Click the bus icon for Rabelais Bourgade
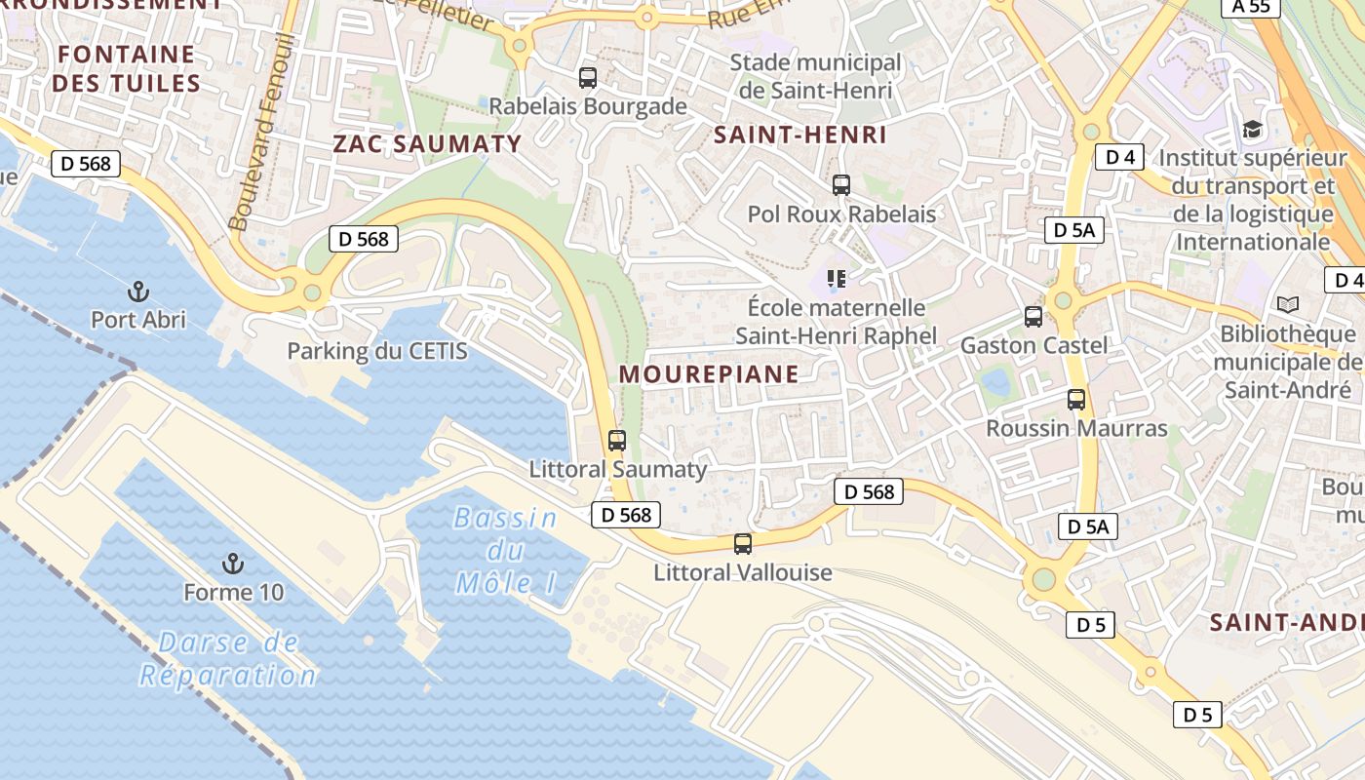tap(587, 78)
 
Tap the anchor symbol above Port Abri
tap(138, 292)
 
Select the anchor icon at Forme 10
tap(232, 564)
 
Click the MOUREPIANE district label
tap(709, 374)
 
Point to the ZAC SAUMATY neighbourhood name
tap(427, 144)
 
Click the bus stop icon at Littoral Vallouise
tap(743, 544)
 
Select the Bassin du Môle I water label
tap(505, 551)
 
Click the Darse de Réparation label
tap(228, 659)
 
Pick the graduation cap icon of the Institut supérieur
tap(1251, 129)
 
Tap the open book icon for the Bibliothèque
tap(1287, 305)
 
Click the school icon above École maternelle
tap(836, 280)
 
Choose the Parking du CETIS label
tap(377, 351)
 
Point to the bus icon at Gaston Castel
tap(1033, 317)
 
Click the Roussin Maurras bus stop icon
tap(1076, 400)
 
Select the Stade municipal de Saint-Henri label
tap(816, 77)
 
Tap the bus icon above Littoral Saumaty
tap(617, 441)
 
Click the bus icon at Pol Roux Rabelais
tap(840, 185)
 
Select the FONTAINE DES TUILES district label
tap(126, 68)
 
